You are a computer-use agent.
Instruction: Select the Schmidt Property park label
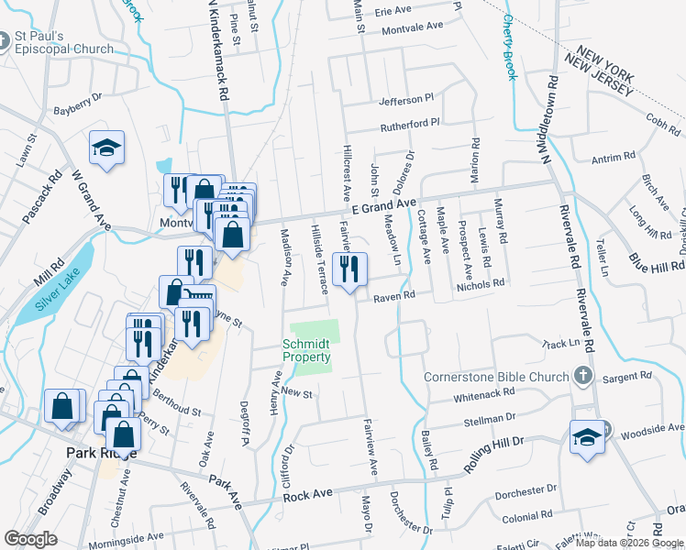click(x=306, y=350)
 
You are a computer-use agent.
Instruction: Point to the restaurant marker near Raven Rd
click(x=349, y=270)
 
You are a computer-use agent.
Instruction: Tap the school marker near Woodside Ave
click(x=587, y=435)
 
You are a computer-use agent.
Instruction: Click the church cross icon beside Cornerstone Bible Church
click(x=581, y=376)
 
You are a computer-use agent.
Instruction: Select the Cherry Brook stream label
click(x=510, y=47)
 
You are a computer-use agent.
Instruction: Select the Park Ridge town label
click(x=101, y=454)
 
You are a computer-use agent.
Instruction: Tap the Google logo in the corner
click(x=31, y=538)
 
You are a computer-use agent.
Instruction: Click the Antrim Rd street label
click(x=607, y=159)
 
